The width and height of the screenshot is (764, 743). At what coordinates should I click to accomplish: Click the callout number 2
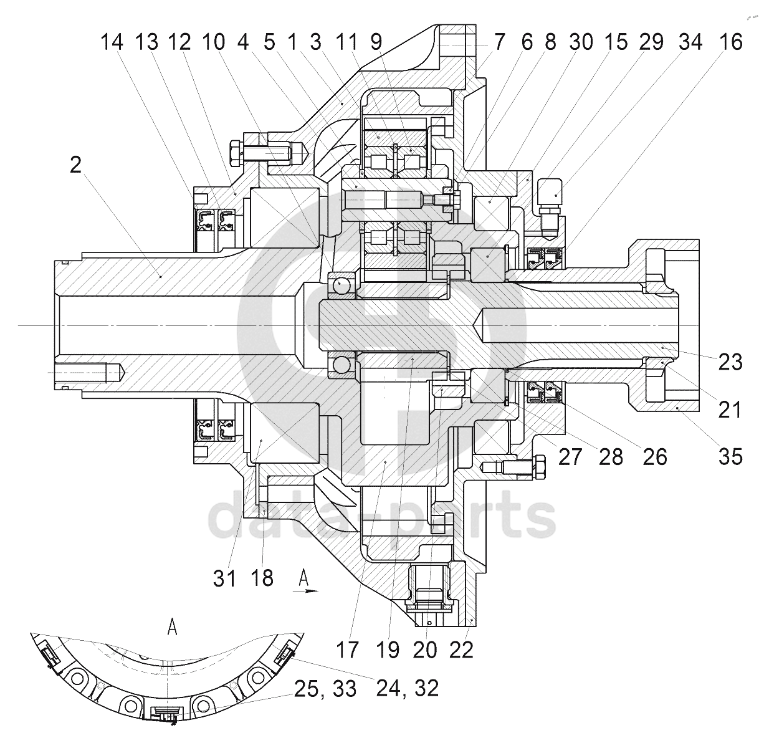click(76, 165)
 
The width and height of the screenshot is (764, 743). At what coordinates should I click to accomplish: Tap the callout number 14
click(112, 42)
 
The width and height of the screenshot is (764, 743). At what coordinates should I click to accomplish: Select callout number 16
click(731, 42)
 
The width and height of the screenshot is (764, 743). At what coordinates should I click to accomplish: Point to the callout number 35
click(730, 456)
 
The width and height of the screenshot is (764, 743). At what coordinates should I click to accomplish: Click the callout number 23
click(730, 362)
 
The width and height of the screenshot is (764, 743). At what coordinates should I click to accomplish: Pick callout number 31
click(224, 578)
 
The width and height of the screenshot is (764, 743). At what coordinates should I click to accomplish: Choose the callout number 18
click(262, 578)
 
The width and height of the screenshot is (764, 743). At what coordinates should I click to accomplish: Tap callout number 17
click(348, 650)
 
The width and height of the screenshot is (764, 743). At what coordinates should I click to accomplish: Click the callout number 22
click(461, 650)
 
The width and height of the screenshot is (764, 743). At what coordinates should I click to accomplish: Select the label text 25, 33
click(325, 689)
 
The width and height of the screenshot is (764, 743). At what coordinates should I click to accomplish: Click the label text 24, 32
click(408, 688)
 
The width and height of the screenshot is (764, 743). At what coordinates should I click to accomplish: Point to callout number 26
click(655, 457)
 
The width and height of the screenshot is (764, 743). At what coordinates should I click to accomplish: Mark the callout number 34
click(690, 42)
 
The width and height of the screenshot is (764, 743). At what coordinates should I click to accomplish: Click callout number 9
click(376, 42)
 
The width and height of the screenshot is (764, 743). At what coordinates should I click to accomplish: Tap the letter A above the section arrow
click(303, 578)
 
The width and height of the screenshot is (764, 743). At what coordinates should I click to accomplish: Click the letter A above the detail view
click(172, 627)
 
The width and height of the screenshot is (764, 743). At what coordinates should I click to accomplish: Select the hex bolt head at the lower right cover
click(540, 466)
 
